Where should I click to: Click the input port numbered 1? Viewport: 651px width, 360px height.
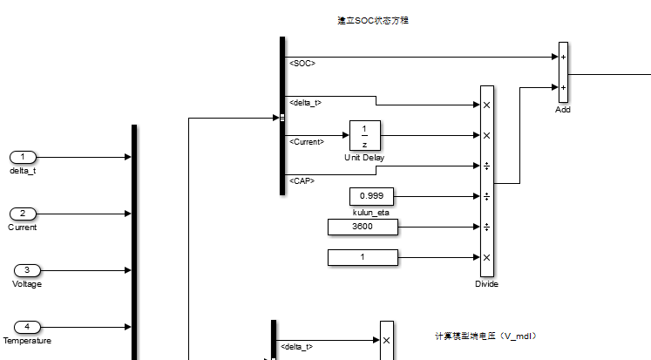23,157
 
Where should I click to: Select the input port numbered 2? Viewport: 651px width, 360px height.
23,214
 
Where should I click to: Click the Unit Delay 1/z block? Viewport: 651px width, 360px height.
364,136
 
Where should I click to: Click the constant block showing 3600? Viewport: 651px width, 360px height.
363,227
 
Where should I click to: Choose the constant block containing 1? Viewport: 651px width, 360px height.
363,257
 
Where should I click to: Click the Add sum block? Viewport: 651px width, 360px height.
563,72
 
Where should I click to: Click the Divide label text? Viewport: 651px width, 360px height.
486,284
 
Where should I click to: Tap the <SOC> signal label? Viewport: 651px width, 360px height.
302,63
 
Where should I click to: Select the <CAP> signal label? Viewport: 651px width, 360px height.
302,180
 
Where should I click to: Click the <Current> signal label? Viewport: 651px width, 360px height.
307,141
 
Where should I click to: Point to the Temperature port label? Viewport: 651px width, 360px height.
26,341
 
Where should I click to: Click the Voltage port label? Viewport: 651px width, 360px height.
26,284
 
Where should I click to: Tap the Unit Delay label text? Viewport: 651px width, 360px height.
364,158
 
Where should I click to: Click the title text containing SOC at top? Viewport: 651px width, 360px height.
373,20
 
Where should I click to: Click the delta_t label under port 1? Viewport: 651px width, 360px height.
23,171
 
